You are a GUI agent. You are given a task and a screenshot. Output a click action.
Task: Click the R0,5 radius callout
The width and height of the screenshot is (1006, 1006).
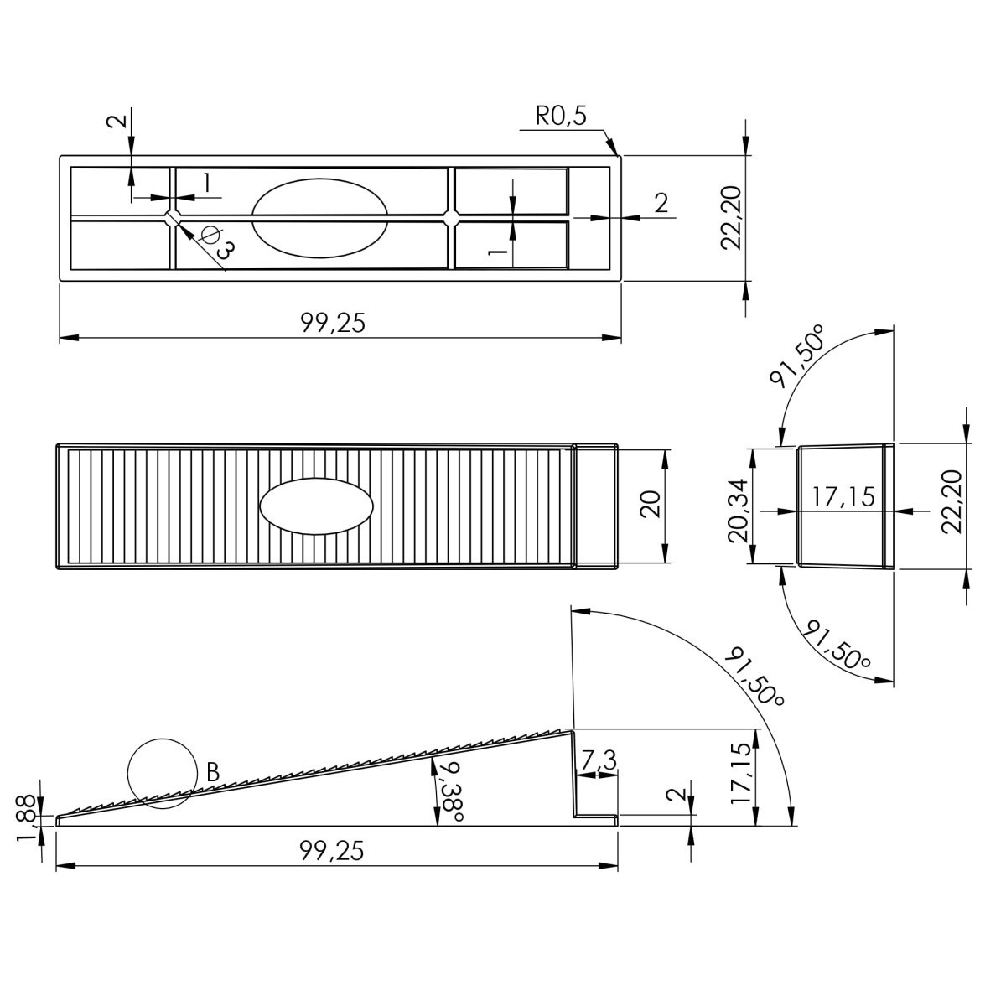pyautogui.click(x=561, y=116)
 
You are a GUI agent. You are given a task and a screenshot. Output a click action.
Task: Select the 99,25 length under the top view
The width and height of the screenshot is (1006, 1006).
pyautogui.click(x=333, y=323)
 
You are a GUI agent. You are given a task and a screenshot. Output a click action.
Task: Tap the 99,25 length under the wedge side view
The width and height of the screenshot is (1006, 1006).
pyautogui.click(x=331, y=852)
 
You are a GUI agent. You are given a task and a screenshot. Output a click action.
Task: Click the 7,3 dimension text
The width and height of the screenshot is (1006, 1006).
pyautogui.click(x=599, y=760)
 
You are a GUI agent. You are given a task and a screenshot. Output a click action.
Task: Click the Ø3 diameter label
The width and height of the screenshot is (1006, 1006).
pyautogui.click(x=217, y=242)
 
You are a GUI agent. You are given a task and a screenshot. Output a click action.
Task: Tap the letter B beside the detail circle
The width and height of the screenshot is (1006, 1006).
pyautogui.click(x=212, y=772)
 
